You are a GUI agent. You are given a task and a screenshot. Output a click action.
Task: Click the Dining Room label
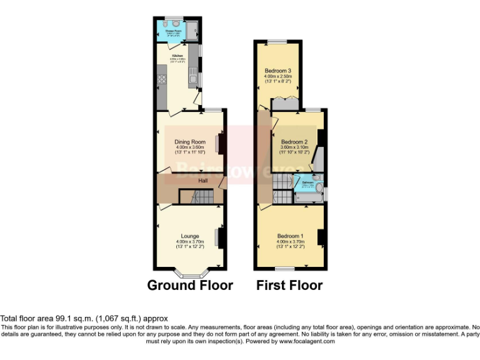190,142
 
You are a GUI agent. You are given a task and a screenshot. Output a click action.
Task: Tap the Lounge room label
190,236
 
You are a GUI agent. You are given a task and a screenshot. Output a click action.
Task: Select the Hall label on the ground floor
203,181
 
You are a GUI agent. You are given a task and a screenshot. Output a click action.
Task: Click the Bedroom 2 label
295,142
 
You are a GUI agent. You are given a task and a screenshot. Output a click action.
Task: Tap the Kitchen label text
177,56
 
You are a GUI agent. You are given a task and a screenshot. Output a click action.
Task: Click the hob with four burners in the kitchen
161,79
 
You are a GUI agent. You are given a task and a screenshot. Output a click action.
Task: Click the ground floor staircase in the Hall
197,197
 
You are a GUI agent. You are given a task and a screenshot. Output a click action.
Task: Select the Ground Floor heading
190,286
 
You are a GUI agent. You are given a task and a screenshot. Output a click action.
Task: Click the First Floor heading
289,286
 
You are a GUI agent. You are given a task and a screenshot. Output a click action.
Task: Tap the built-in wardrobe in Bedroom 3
283,102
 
